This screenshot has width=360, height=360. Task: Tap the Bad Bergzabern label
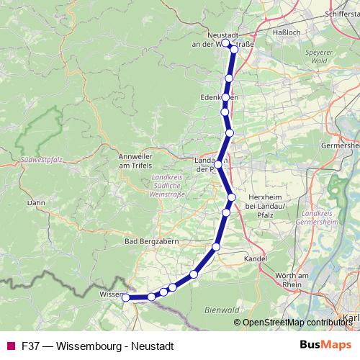(151, 241)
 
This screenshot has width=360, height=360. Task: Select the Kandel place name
(256, 258)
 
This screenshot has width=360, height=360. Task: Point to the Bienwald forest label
(222, 310)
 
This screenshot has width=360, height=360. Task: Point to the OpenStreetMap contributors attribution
(296, 323)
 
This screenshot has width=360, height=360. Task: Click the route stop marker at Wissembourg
(125, 297)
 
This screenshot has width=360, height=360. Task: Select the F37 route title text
(97, 346)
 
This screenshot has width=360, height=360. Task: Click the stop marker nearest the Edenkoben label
(226, 97)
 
